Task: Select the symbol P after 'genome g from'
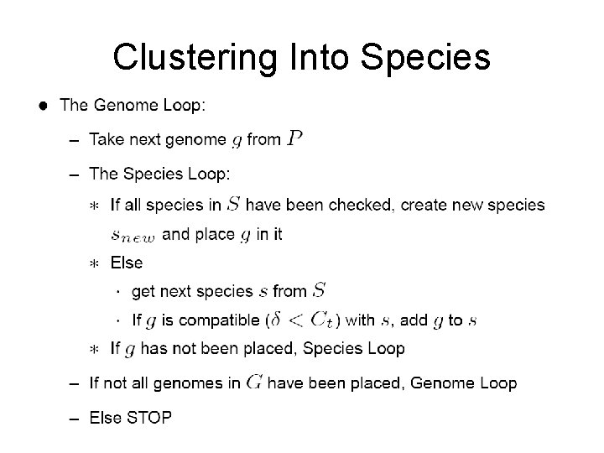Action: tap(294, 139)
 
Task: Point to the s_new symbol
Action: tap(133, 236)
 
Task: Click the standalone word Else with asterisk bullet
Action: tap(127, 263)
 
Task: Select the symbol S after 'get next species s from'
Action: tap(319, 291)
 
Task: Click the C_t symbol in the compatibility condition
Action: tap(321, 320)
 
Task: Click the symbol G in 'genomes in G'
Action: tap(255, 383)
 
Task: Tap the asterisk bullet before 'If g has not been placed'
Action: tap(94, 348)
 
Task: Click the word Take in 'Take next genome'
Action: tap(106, 140)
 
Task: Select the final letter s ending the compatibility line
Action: tap(472, 320)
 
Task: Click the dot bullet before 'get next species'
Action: tap(117, 292)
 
